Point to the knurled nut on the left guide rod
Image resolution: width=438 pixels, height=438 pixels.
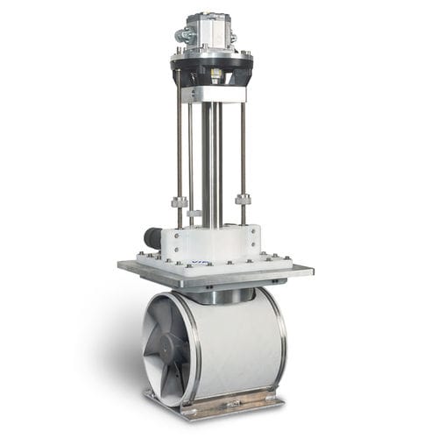tap(179, 202)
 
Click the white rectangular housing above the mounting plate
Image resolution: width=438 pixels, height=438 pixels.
tap(219, 241)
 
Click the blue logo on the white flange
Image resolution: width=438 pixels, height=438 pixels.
tap(201, 264)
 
